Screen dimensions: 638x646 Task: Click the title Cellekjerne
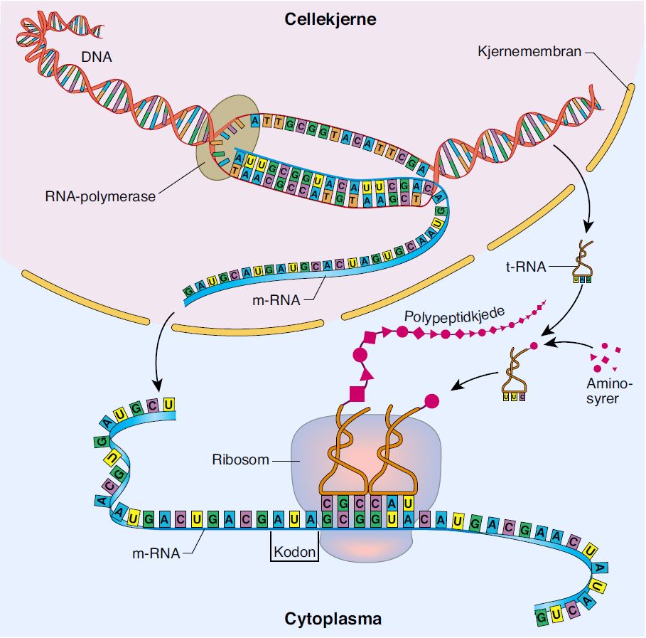click(330, 19)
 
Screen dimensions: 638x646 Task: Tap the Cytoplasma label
click(333, 619)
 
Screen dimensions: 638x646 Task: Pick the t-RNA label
click(530, 267)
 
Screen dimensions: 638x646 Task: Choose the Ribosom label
click(241, 459)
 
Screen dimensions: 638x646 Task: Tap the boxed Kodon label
click(294, 551)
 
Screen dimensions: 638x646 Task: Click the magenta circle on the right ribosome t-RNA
click(431, 400)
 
